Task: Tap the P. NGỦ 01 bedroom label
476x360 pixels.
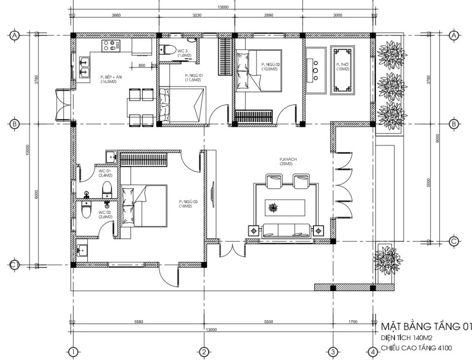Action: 194,77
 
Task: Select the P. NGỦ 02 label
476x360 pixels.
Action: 269,66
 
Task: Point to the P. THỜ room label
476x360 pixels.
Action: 343,66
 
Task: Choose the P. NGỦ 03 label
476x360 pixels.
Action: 188,203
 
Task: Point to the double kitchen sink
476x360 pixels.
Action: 85,67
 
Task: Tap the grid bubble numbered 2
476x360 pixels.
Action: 203,351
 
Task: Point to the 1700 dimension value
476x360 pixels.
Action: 352,321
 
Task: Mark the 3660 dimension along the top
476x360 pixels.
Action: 116,15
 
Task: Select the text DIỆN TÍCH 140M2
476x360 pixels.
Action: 407,337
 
